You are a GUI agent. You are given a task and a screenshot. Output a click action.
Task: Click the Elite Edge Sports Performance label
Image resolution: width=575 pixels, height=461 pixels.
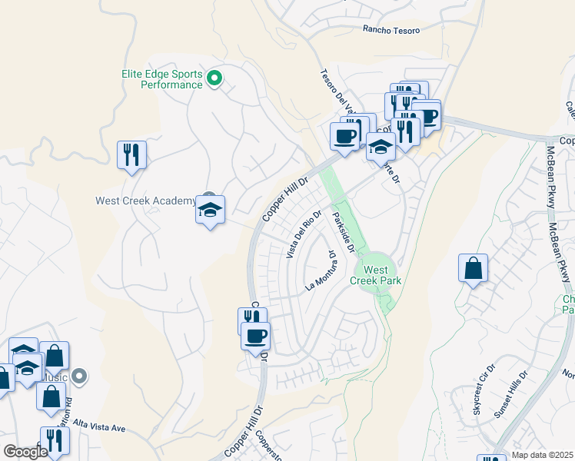click(x=161, y=79)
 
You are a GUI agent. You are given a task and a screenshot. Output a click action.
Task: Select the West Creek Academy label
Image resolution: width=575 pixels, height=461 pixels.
click(x=145, y=201)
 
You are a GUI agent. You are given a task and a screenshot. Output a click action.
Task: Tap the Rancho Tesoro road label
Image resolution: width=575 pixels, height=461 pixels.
click(x=392, y=30)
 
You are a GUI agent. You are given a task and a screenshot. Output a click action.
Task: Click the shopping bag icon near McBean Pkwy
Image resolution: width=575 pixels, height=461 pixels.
click(x=473, y=269)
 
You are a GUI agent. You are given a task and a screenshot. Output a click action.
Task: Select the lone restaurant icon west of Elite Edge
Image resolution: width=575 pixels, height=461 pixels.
click(x=131, y=154)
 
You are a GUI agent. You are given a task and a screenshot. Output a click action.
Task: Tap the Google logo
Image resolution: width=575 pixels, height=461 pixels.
click(x=25, y=451)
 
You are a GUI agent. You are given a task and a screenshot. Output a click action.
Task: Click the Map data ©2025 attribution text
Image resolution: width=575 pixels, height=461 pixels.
click(x=542, y=455)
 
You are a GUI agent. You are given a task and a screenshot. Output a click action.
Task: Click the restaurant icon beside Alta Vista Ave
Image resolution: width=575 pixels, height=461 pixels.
click(x=55, y=440)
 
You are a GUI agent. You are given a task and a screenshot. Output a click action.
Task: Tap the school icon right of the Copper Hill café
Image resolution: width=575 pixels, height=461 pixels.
click(x=381, y=146)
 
